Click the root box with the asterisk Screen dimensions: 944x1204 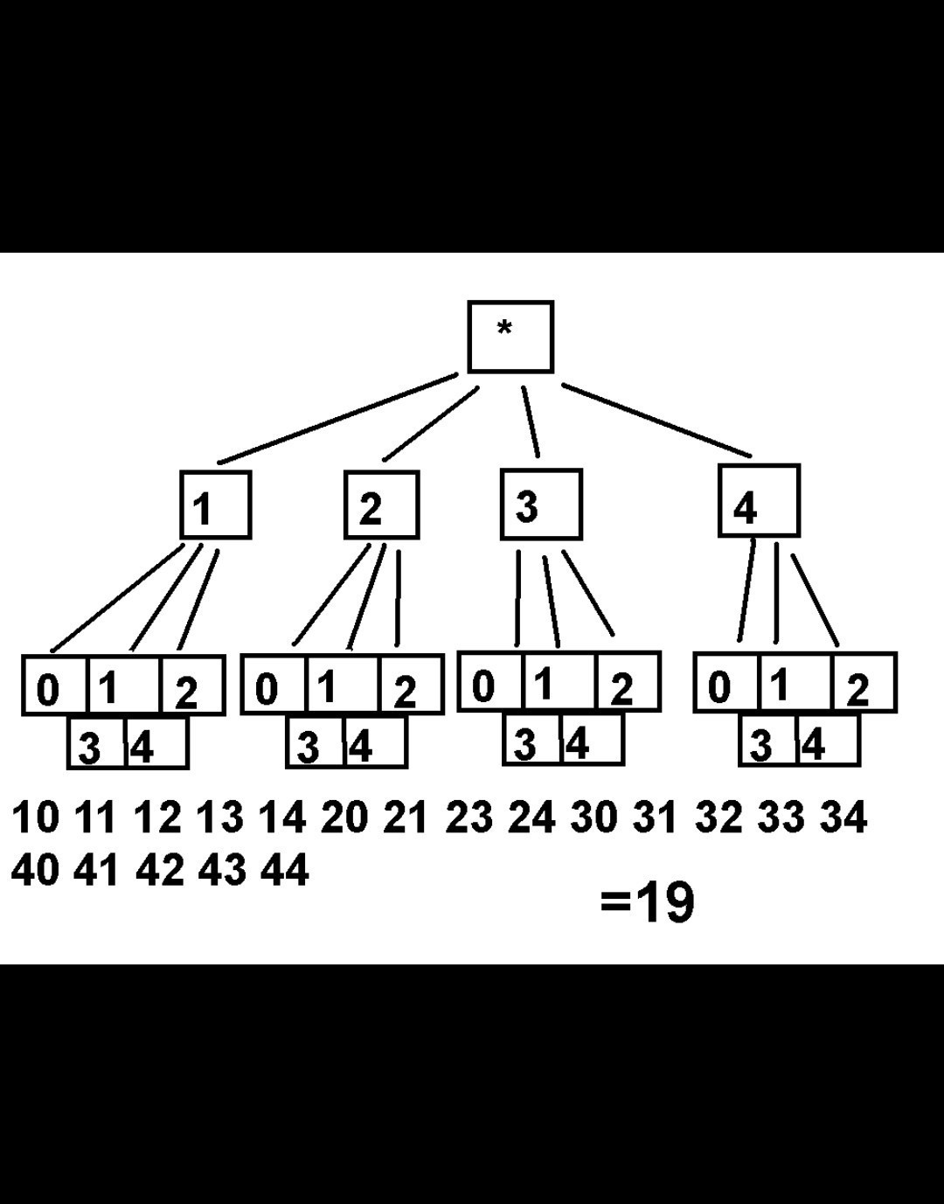point(510,337)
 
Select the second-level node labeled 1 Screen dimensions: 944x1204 point(215,505)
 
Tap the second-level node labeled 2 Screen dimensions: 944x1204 point(381,505)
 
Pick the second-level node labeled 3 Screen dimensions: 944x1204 point(541,504)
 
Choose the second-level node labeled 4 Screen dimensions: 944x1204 point(759,501)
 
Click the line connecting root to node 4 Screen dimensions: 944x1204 point(656,420)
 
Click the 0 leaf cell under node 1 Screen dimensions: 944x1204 point(55,686)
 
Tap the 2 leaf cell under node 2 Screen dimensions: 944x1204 point(411,686)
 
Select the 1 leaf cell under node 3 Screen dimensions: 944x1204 point(558,682)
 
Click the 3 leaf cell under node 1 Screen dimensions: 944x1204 point(96,744)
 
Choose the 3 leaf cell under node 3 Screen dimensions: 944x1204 point(531,741)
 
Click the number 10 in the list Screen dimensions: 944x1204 point(36,818)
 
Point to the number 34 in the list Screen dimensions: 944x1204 point(843,818)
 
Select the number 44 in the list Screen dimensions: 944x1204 point(284,871)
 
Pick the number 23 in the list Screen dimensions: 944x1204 point(469,818)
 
